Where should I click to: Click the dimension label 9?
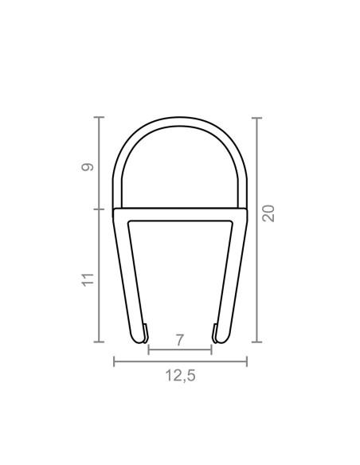pos(88,166)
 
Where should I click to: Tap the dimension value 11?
pos(88,279)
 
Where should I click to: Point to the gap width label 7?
pos(180,340)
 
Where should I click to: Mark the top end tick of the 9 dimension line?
pos(100,118)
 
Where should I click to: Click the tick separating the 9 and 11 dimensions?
pos(100,209)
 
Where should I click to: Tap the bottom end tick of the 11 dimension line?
pos(100,342)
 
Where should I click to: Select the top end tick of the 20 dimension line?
pos(256,118)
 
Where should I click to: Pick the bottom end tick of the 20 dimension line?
pos(256,342)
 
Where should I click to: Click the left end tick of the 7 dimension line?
pos(149,350)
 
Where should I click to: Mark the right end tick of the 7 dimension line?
pos(211,350)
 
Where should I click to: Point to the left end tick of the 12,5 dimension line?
pos(114,361)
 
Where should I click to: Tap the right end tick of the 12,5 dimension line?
pos(247,361)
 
